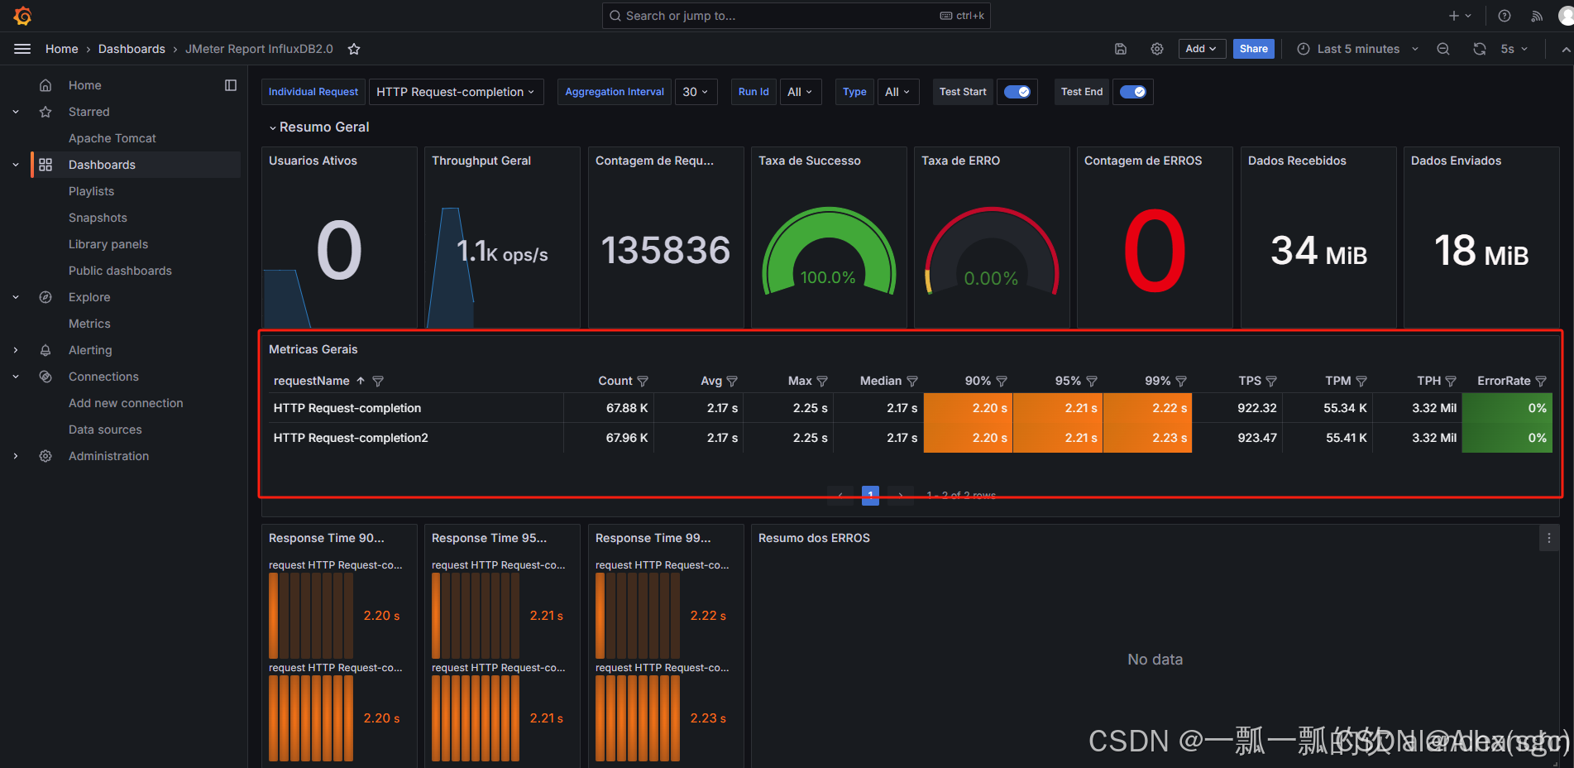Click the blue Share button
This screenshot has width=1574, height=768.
click(1253, 49)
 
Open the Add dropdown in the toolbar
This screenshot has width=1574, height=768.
click(1200, 49)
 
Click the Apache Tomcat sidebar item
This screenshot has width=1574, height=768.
click(112, 138)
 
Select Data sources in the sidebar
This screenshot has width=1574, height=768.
click(105, 430)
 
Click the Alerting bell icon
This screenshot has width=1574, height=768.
click(45, 350)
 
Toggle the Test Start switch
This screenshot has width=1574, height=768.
click(1017, 92)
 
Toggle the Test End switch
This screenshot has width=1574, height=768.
click(1132, 92)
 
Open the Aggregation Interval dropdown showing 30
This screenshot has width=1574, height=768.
click(696, 92)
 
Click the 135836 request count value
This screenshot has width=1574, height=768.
click(665, 251)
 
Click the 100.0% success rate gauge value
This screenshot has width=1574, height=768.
click(828, 277)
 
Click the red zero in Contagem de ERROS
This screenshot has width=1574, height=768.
click(1154, 251)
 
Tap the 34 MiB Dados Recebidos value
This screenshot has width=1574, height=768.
click(1318, 251)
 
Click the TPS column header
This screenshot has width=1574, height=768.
click(1249, 381)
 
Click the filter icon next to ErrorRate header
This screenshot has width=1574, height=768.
click(1540, 382)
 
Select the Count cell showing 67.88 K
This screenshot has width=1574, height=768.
click(626, 408)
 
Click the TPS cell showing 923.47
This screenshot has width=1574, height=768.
click(1256, 438)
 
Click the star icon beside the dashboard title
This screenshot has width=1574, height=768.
click(354, 49)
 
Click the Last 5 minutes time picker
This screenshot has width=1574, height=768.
click(1357, 49)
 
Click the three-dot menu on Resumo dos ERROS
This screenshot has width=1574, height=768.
click(1548, 538)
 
